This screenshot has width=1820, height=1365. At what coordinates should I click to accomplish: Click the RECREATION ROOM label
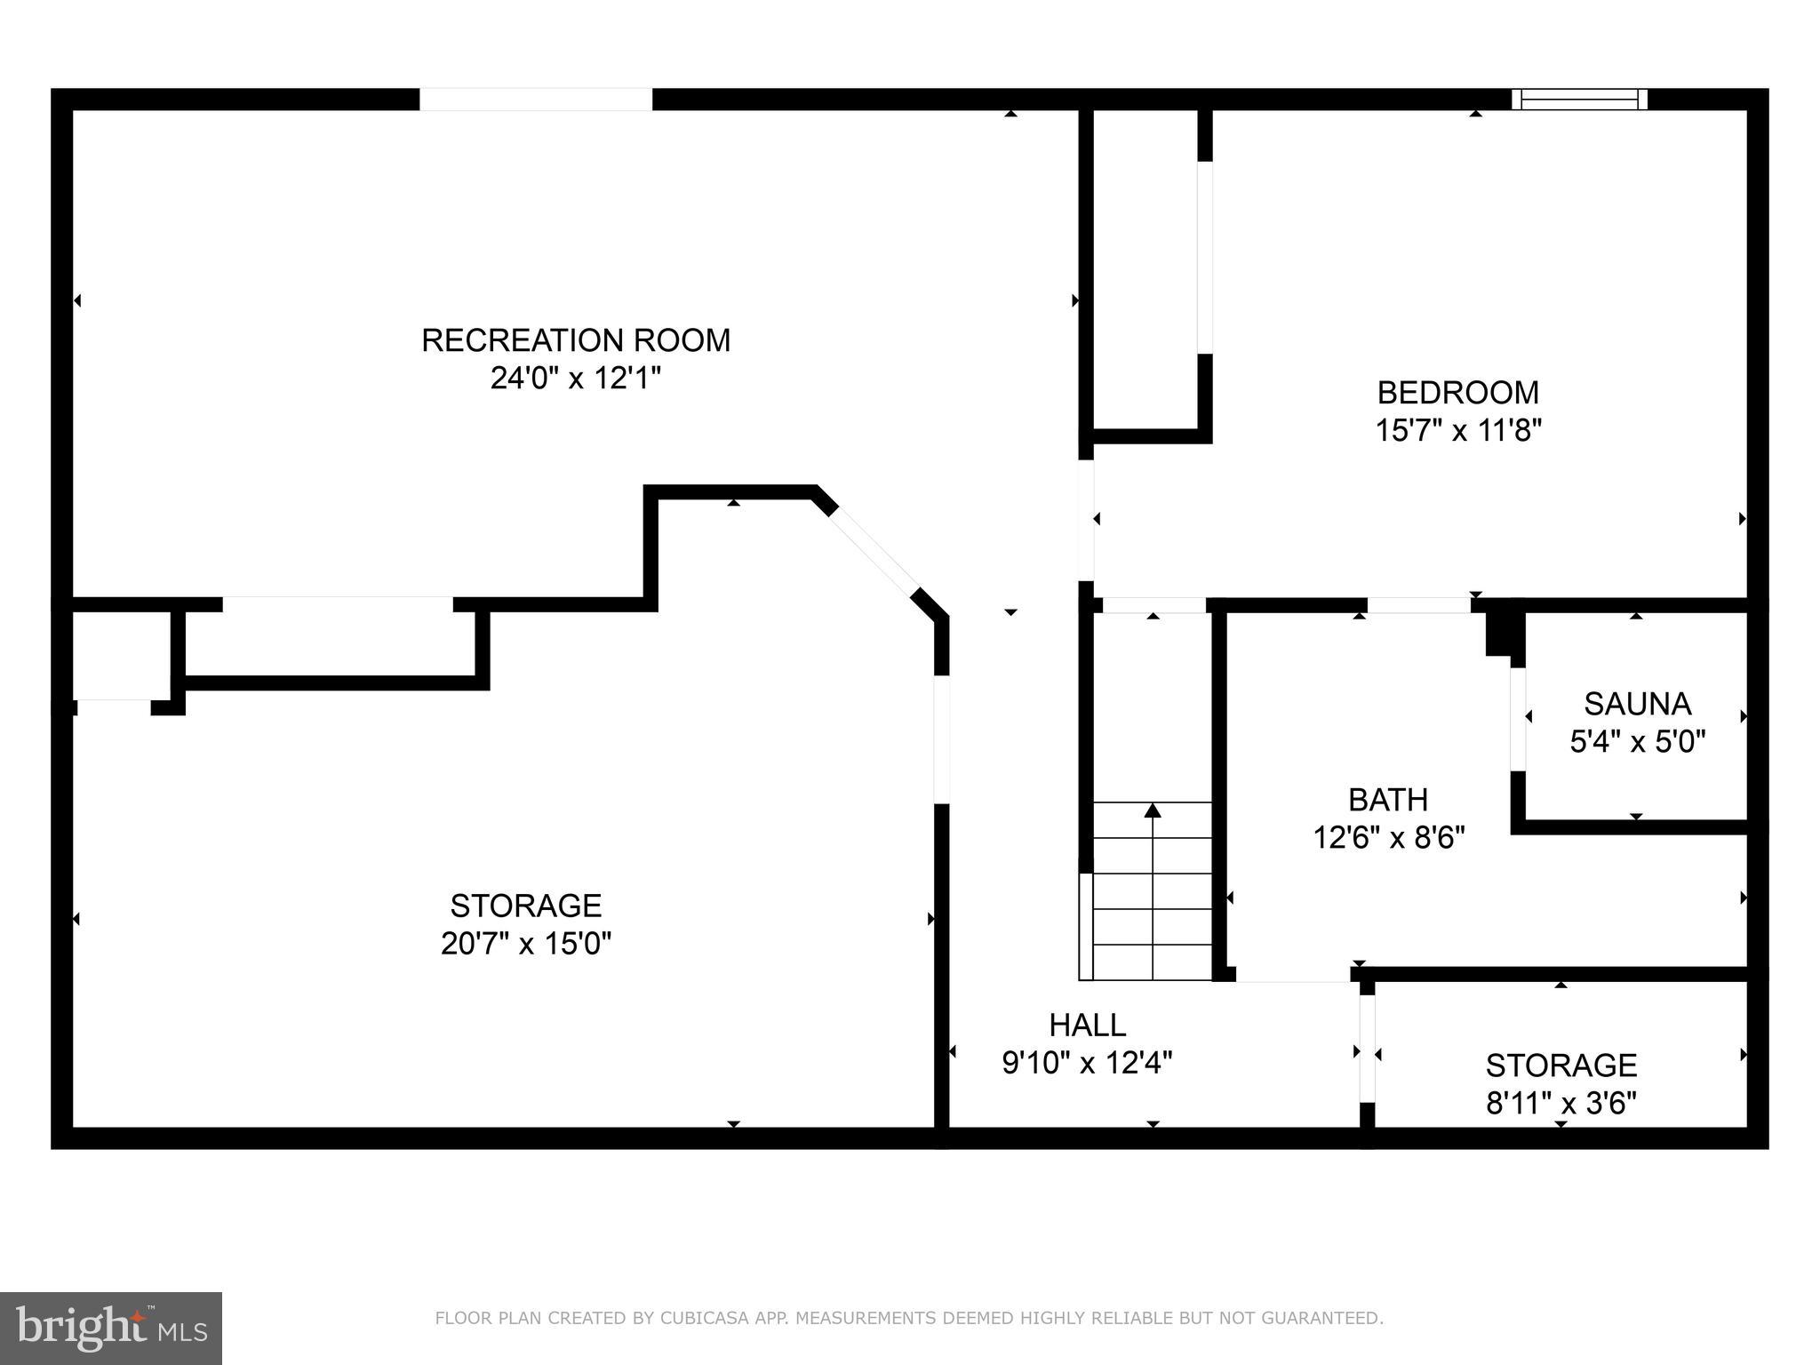coord(575,340)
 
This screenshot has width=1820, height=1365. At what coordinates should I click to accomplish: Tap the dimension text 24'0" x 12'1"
coord(575,379)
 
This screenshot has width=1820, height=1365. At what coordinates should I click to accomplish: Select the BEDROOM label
coord(1457,392)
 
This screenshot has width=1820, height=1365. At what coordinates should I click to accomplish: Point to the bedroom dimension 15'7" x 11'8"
coord(1457,431)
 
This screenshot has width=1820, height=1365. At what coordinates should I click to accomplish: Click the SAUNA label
coord(1637,704)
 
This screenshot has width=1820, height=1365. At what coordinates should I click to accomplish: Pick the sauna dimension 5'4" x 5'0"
coord(1637,741)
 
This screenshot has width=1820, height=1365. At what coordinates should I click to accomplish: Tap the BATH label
coord(1388,800)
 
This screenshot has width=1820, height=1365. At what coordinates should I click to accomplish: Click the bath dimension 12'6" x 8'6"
coord(1388,837)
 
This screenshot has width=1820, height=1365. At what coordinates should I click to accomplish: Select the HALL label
coord(1087,1025)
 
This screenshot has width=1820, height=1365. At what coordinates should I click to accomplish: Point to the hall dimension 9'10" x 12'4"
coord(1087,1063)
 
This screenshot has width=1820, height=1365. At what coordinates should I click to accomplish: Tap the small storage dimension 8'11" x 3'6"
coord(1561,1103)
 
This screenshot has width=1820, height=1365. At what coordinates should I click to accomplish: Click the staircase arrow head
coord(1153,810)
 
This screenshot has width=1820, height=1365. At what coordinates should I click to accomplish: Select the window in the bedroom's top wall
coord(1579,100)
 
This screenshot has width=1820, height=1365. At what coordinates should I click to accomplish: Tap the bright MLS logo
coord(110,1328)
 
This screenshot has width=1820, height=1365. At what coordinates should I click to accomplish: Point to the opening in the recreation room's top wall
coord(536,100)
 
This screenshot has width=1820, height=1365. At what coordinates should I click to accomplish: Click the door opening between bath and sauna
coord(1518,718)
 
